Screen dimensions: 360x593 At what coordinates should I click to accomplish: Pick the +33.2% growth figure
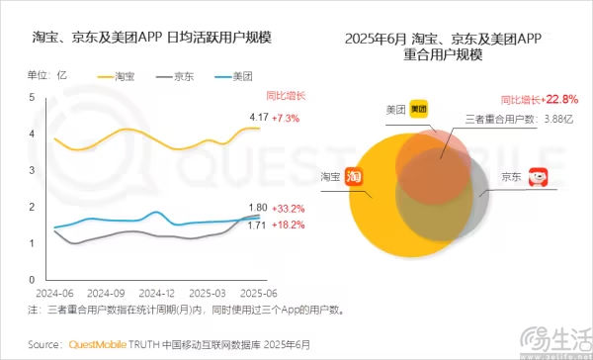(x=289, y=209)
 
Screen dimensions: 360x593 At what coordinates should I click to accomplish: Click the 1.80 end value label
(x=255, y=209)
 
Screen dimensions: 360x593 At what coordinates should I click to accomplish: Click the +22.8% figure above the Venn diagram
(x=557, y=100)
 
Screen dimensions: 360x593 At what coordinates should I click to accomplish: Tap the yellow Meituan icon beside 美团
(x=419, y=108)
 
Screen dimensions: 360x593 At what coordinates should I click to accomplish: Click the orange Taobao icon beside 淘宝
(x=354, y=176)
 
